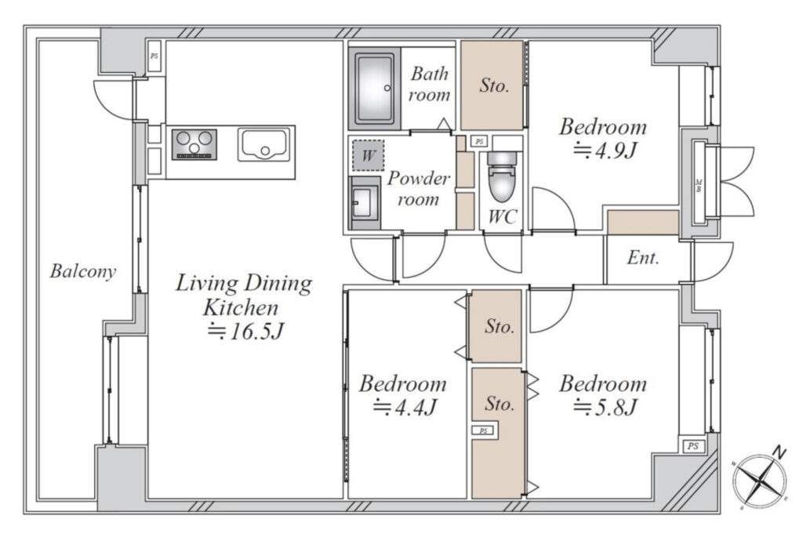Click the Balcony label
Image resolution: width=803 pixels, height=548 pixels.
point(83,271)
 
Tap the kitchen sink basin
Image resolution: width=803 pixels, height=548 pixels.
point(263,144)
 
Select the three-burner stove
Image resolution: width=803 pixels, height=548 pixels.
point(194,144)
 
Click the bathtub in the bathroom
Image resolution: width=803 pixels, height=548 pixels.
point(374,89)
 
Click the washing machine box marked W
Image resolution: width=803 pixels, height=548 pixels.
point(368,154)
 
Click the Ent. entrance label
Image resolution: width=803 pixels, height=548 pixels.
point(643,258)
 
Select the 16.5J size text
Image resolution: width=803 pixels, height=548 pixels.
point(245,332)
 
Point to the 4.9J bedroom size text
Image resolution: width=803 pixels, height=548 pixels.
point(604,151)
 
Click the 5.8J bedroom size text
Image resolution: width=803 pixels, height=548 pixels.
point(604,408)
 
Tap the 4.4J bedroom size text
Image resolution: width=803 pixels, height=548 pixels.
point(404,408)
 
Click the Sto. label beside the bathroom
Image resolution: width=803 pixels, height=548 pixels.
point(494,85)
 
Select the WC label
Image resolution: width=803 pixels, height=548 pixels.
point(503,216)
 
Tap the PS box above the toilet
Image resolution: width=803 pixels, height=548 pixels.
point(479,141)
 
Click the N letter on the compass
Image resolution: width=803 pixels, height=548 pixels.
point(779,452)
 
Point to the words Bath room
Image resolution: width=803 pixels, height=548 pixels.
point(430,84)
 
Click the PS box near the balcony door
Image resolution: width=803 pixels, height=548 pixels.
point(154,56)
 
